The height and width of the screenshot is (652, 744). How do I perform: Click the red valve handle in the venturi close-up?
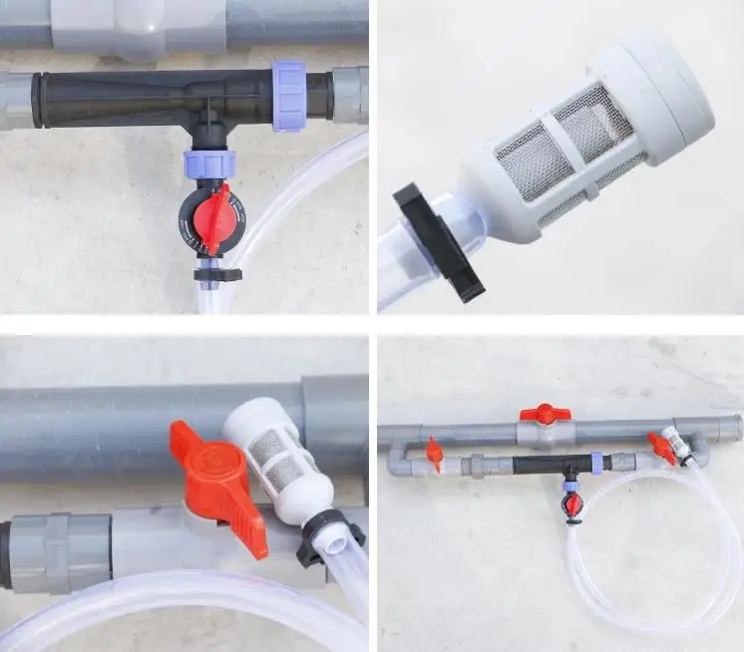(213, 218)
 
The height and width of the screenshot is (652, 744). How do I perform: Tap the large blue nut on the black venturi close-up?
(288, 95)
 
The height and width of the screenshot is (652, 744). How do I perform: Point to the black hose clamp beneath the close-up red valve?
(215, 274)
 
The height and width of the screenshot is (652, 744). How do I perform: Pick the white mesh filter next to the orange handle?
(272, 454)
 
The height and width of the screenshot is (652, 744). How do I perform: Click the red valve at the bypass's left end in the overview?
(434, 454)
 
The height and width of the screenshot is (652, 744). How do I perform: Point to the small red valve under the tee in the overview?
(571, 504)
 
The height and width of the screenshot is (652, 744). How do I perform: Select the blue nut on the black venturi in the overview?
(596, 463)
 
